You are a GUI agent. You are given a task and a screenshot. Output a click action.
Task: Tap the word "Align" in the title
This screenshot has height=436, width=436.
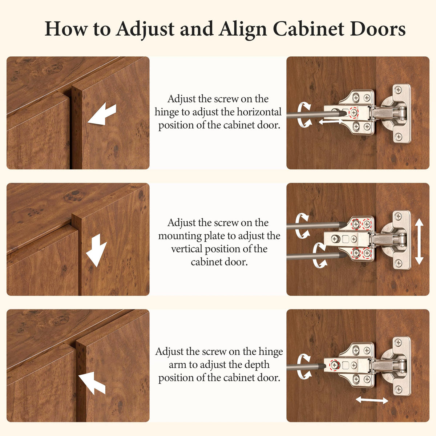(x=243, y=30)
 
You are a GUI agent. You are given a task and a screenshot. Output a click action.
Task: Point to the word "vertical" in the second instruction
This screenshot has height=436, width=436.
(x=185, y=249)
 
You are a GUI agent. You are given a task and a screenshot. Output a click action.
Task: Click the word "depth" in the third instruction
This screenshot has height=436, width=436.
(x=257, y=365)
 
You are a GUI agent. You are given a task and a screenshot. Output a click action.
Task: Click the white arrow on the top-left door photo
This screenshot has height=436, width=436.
(x=102, y=114)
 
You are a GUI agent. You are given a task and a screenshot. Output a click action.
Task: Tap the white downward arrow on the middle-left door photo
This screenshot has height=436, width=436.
(x=96, y=250)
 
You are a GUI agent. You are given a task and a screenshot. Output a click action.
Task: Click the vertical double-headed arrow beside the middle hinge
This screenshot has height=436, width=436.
(x=419, y=241)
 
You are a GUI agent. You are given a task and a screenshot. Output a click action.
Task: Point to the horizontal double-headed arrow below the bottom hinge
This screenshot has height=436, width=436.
(x=372, y=400)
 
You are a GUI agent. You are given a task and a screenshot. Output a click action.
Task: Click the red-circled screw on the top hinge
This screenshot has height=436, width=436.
(x=354, y=112)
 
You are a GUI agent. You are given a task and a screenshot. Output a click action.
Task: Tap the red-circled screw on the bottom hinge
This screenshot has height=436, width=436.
(x=334, y=365)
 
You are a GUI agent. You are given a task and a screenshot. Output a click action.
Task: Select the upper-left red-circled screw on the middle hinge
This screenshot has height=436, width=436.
(x=356, y=224)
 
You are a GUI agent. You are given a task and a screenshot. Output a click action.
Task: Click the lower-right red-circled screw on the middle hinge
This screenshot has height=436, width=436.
(x=367, y=253)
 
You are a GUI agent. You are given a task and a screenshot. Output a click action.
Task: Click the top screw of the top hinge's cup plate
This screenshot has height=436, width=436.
(x=398, y=90)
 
